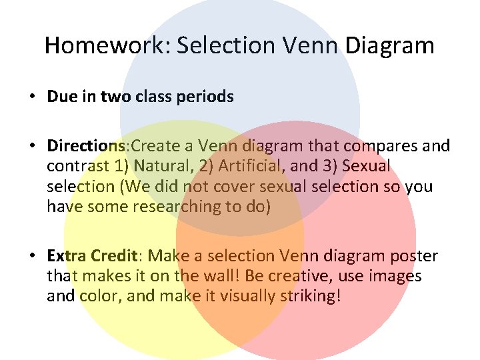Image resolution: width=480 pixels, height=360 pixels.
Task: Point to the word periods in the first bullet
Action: tap(206, 97)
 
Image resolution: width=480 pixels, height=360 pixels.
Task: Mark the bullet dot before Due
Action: tap(32, 97)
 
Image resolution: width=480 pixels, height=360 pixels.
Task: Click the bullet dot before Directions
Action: tap(32, 146)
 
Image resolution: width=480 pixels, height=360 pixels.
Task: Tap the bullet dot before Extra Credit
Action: tap(32, 256)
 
